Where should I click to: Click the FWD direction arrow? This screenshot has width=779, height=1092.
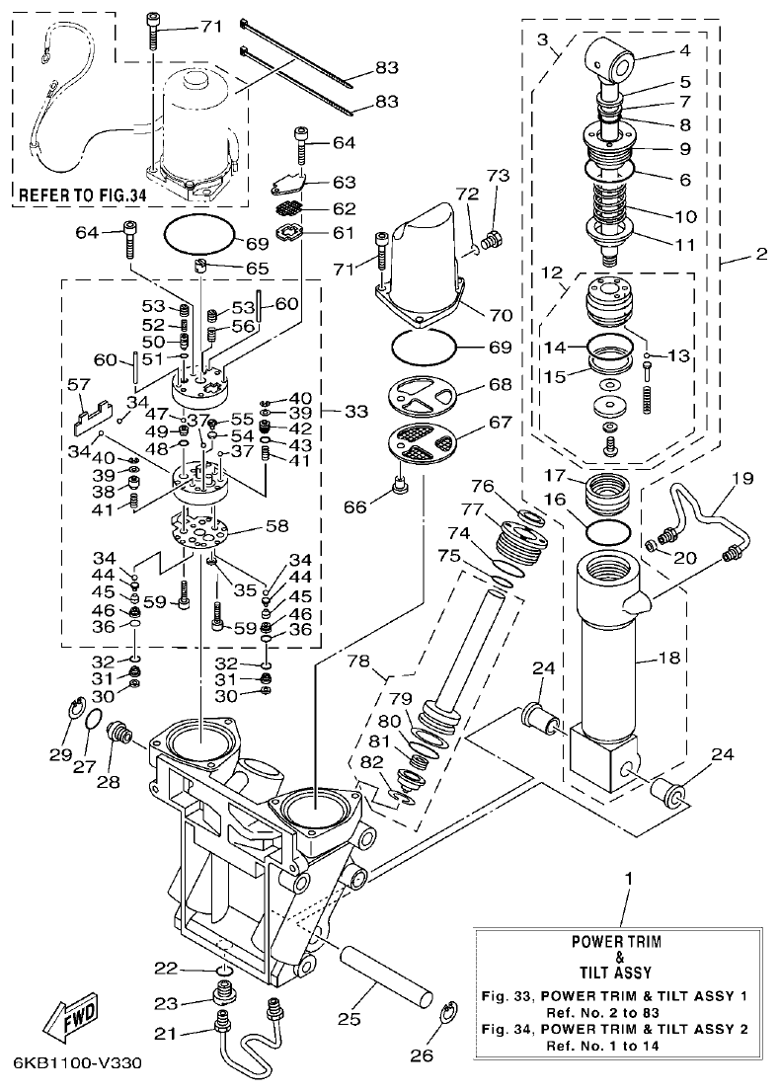click(60, 1020)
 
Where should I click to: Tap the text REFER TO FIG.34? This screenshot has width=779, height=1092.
click(82, 195)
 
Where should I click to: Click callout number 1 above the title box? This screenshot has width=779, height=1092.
click(627, 878)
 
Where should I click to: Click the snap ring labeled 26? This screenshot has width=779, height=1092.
click(448, 1016)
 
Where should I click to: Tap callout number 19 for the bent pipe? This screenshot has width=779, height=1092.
click(741, 478)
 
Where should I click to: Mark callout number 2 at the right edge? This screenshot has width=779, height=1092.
click(760, 254)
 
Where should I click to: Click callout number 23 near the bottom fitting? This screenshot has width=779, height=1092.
click(165, 1002)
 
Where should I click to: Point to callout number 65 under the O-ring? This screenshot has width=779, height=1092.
click(257, 268)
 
